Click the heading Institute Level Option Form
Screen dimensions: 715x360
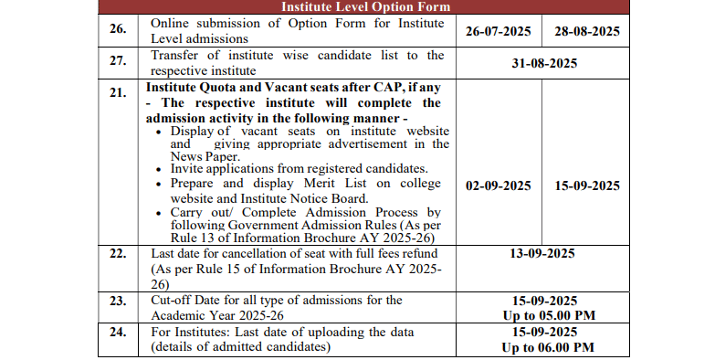pyautogui.click(x=364, y=7)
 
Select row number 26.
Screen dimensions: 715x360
pyautogui.click(x=118, y=30)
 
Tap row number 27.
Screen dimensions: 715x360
pyautogui.click(x=118, y=63)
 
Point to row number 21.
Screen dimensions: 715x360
pyautogui.click(x=118, y=93)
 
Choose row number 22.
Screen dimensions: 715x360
pyautogui.click(x=118, y=253)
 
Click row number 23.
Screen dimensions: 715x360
pyautogui.click(x=118, y=301)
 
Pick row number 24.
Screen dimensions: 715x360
pyautogui.click(x=118, y=332)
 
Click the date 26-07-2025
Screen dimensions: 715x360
pyautogui.click(x=498, y=30)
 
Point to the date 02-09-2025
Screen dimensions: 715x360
pyautogui.click(x=498, y=185)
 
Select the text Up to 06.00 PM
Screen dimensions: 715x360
pyautogui.click(x=547, y=347)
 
